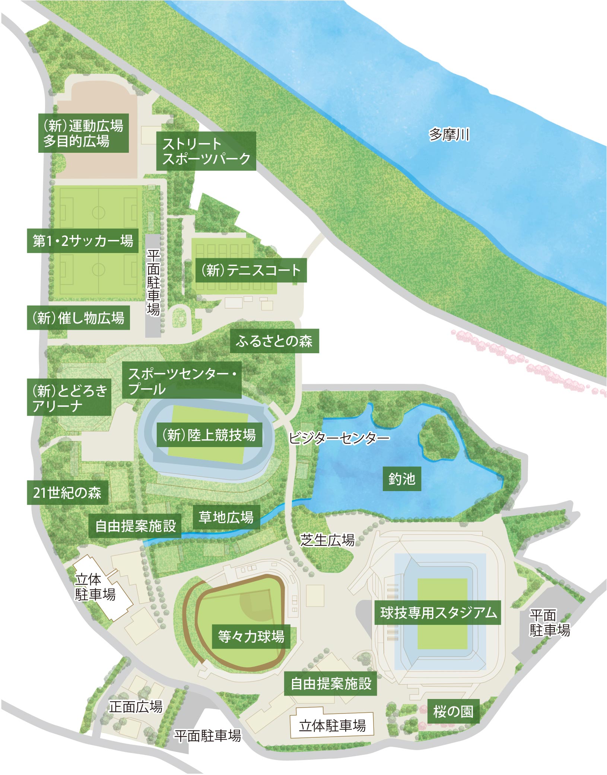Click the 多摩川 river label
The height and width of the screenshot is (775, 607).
(449, 135)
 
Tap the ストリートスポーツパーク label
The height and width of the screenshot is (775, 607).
(206, 151)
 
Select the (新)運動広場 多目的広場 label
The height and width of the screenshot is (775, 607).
(83, 133)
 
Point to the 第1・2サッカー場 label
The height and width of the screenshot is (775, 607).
(83, 241)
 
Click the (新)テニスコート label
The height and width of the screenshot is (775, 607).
(251, 270)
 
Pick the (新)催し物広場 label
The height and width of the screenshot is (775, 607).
(78, 318)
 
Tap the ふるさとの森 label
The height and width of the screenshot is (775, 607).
(274, 341)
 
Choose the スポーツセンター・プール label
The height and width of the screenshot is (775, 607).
(182, 380)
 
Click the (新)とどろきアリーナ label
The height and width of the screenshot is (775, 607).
(69, 398)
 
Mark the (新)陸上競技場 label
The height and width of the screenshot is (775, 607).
(209, 435)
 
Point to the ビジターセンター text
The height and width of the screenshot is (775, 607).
(339, 438)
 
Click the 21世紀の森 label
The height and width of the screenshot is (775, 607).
(67, 493)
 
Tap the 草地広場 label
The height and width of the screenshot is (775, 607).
(226, 517)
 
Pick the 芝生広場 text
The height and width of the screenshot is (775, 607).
(327, 539)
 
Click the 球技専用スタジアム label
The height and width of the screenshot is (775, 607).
(438, 613)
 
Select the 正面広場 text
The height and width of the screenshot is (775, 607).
(136, 706)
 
